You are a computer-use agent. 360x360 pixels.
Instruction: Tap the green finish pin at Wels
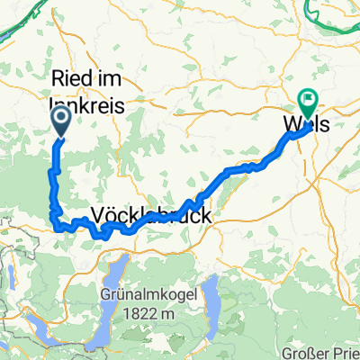click(x=309, y=105)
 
